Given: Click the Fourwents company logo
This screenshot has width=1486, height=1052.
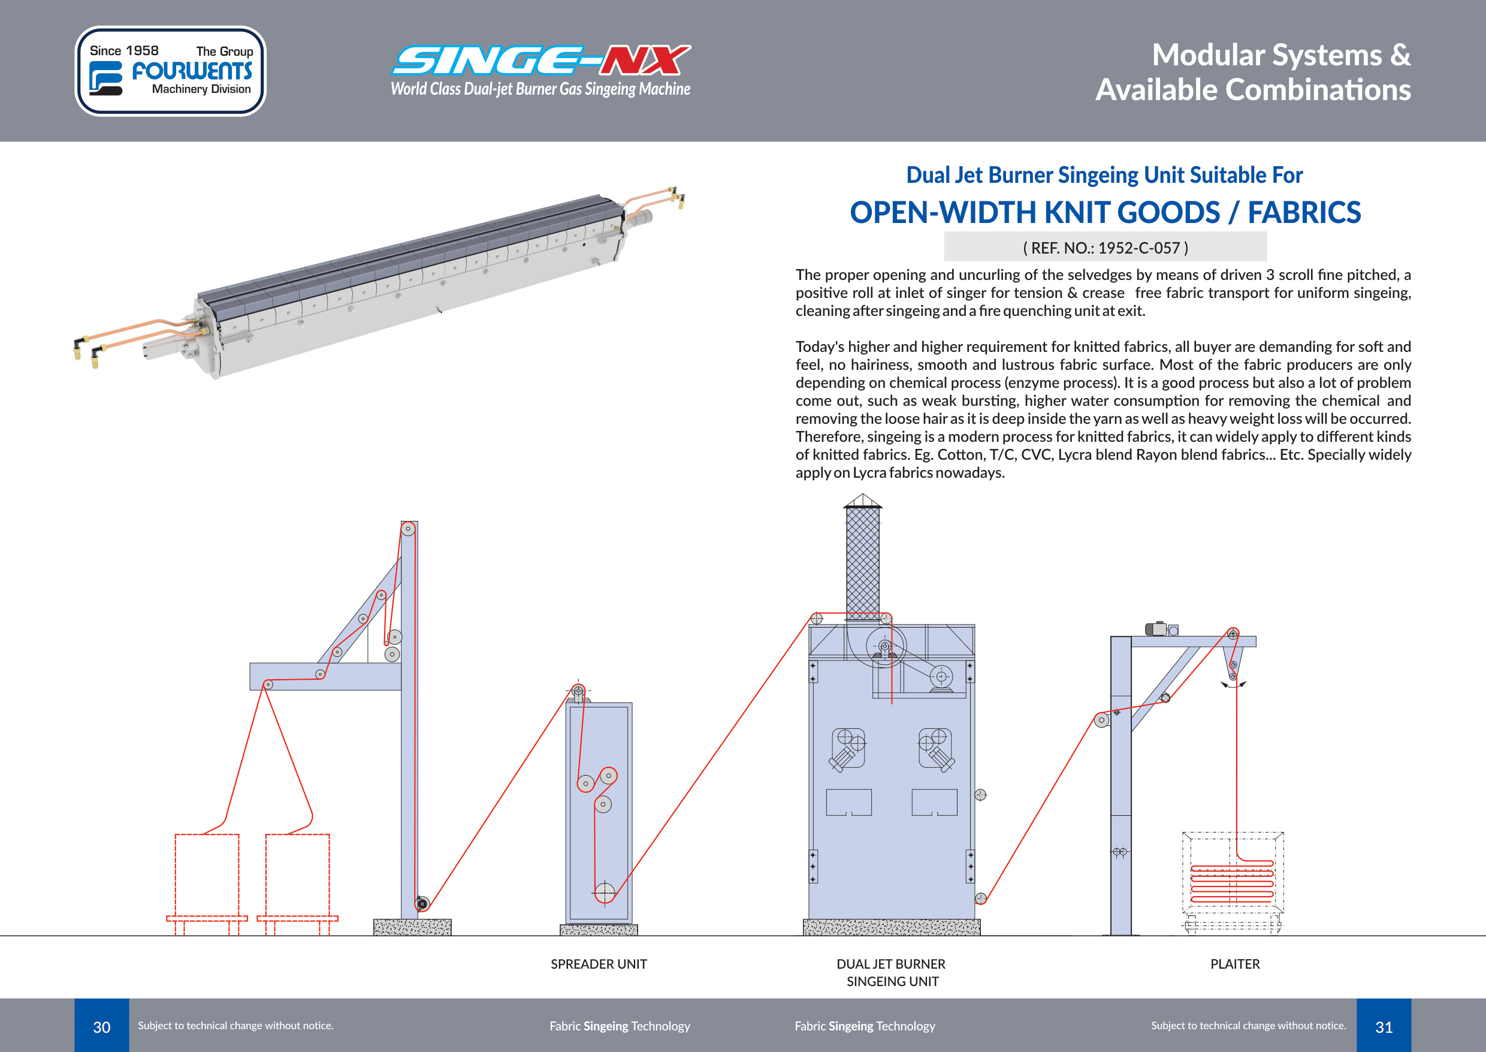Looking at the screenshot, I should coord(170,71).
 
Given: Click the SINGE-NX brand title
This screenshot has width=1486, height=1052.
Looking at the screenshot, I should coord(541,61).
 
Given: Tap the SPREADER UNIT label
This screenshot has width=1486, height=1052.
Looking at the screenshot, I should coord(598,964).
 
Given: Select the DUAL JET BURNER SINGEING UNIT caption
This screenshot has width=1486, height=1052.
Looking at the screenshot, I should coord(892,972).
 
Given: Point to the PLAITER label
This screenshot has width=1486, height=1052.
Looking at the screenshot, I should coord(1235,964).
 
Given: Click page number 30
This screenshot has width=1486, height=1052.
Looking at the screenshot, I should coord(102,1027).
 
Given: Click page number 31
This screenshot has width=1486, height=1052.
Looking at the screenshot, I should coord(1384,1027).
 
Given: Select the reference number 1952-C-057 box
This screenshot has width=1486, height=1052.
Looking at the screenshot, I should coord(1105,248).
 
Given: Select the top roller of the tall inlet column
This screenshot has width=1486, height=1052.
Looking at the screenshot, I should coord(408,529).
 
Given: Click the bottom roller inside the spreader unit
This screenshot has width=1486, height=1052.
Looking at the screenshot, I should coord(605,892).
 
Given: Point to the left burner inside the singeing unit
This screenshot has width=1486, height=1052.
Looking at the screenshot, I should coord(847,748).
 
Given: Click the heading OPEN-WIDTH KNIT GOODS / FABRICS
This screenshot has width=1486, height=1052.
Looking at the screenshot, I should coord(1105,212).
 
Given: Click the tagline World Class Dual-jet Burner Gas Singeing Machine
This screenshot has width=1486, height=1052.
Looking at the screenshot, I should coord(540,89).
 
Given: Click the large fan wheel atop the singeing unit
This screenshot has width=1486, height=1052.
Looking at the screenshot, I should coord(885,646).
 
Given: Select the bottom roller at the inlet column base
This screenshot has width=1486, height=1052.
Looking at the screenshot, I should coord(422,903).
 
